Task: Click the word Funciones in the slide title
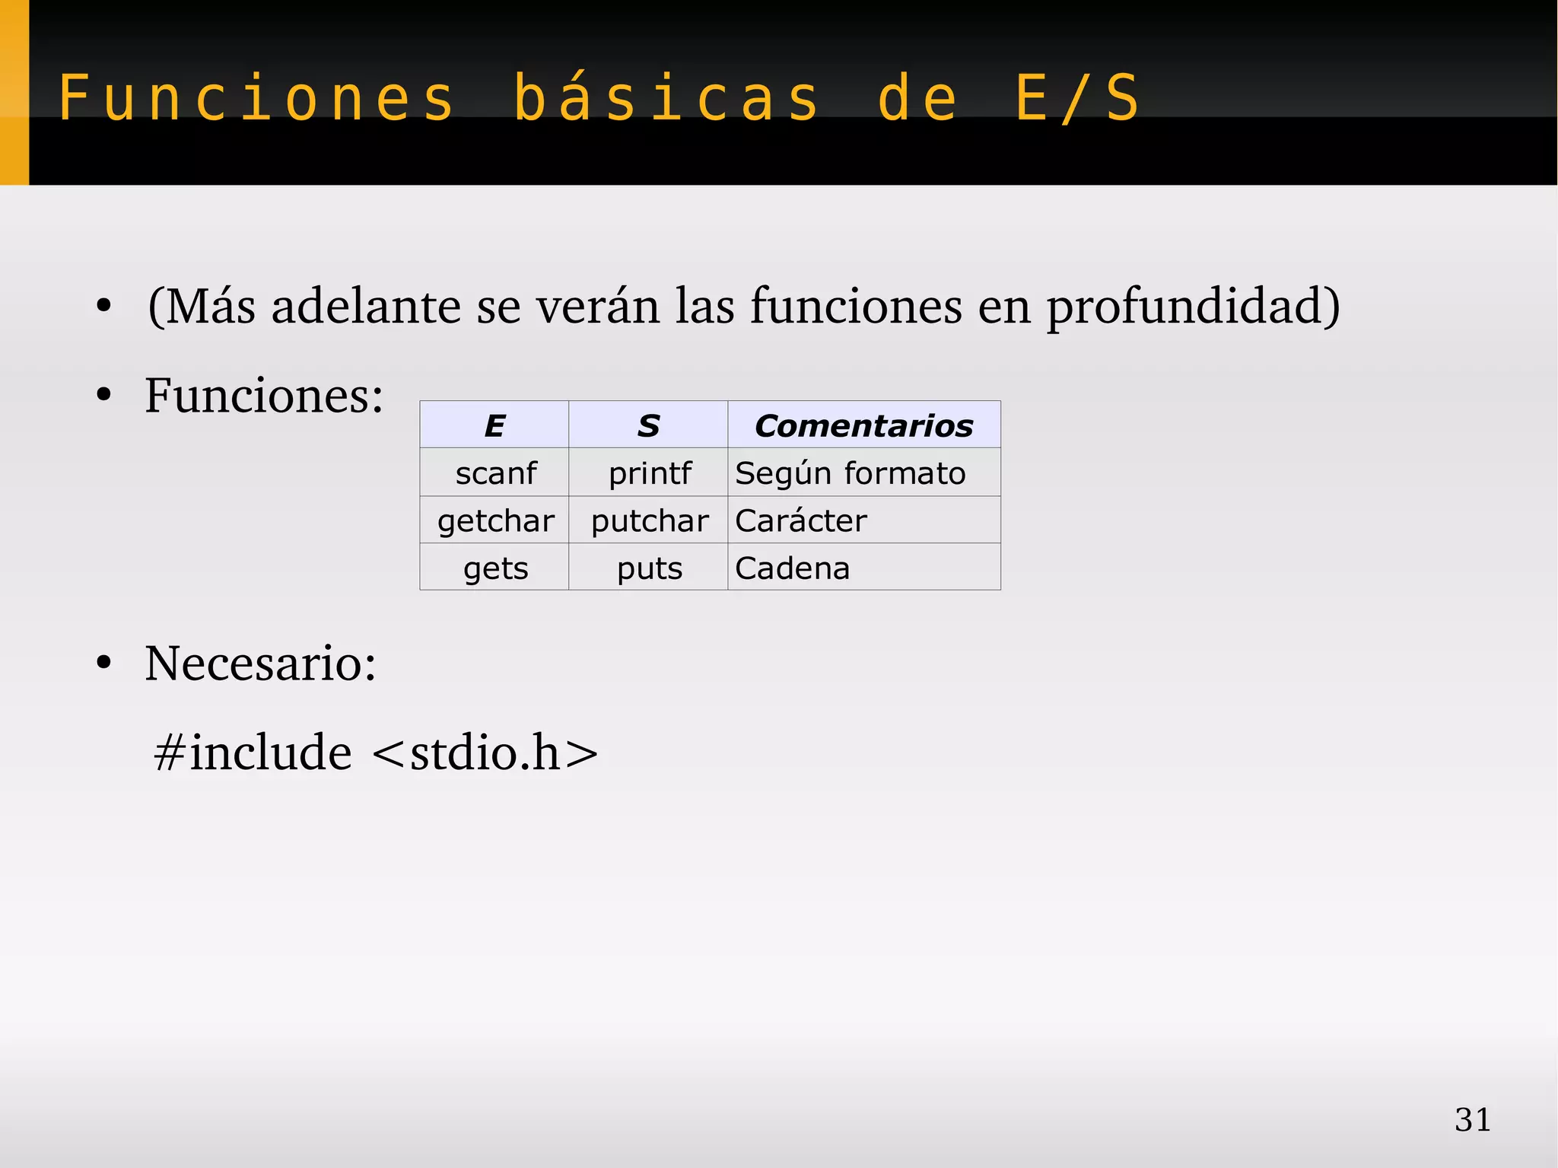pos(256,98)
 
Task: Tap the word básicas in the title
pos(666,98)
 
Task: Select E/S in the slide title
pos(1077,98)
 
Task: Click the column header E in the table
pos(494,425)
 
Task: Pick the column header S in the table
pos(648,425)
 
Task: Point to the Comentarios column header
pos(863,425)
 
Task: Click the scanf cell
pos(495,473)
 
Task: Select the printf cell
pos(649,473)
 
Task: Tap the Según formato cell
pos(850,473)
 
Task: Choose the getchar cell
pos(495,521)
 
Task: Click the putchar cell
pos(649,521)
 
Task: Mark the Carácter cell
pos(800,521)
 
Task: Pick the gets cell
pos(495,568)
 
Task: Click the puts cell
pos(649,568)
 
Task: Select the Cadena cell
pos(792,568)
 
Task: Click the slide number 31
pos(1473,1119)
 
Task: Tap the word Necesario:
pos(260,663)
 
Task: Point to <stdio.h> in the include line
pos(485,753)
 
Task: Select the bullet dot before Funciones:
pos(104,396)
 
